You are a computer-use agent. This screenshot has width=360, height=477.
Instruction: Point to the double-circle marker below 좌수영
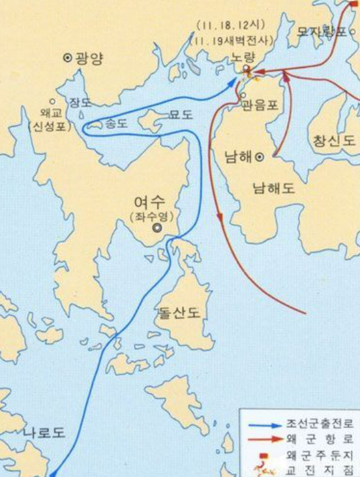[157, 228]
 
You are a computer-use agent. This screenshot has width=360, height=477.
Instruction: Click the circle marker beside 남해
[260, 157]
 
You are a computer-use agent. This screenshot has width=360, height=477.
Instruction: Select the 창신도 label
[333, 141]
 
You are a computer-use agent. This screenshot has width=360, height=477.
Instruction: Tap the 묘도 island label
[181, 115]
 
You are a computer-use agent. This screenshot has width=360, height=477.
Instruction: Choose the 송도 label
[117, 123]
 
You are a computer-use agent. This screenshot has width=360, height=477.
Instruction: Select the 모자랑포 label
[322, 31]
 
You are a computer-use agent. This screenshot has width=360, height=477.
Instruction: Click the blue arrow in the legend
[262, 423]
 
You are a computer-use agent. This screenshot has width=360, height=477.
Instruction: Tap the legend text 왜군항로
[322, 439]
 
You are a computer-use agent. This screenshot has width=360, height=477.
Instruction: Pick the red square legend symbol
[263, 455]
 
